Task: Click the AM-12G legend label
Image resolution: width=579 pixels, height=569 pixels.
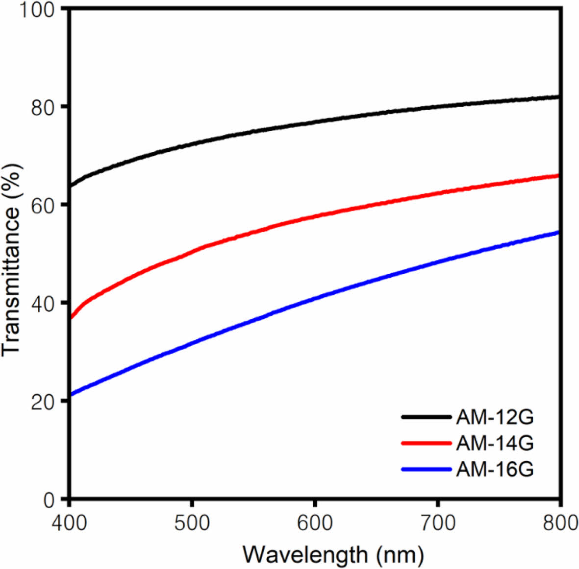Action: point(494,418)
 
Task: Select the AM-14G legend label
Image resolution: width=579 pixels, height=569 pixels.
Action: point(494,444)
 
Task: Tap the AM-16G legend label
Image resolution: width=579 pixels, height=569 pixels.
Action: point(494,470)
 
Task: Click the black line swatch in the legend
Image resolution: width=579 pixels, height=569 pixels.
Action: point(426,417)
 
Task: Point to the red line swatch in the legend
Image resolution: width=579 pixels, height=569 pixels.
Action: point(426,443)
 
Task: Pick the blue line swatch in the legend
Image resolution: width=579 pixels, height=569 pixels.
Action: point(426,469)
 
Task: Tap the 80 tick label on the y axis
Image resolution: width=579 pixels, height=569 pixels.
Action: point(44,108)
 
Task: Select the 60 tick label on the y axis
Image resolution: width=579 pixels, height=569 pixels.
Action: point(44,206)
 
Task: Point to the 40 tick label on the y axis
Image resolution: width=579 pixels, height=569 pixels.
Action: point(44,304)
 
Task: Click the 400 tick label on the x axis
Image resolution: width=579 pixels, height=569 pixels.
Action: point(70,523)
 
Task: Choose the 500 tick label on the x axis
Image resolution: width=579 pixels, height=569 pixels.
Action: point(193,523)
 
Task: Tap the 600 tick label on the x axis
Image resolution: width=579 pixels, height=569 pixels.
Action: point(315,523)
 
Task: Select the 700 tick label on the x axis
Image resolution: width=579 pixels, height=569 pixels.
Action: point(438,523)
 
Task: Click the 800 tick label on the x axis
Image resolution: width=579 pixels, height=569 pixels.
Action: point(559,523)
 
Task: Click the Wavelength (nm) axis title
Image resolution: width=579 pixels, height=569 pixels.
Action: point(333,555)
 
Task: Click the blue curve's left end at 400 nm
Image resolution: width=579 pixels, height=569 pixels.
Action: point(72,394)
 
